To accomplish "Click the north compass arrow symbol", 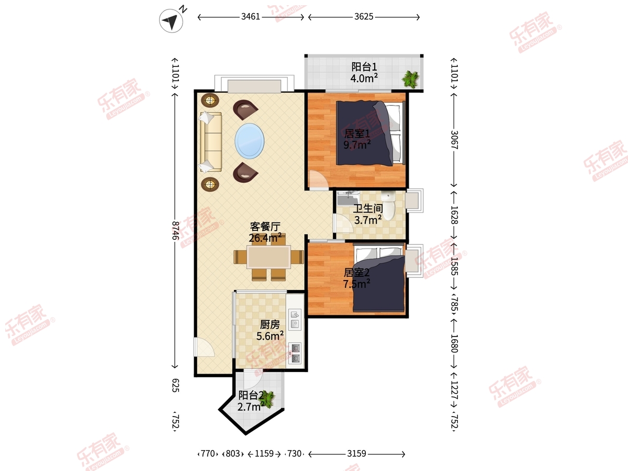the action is click(x=171, y=20).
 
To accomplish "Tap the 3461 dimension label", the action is click(x=250, y=17).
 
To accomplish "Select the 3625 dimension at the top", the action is click(x=364, y=17).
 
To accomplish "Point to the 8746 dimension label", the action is click(x=175, y=230).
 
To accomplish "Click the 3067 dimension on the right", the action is click(x=454, y=140).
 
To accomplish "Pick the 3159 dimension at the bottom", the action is click(x=356, y=454).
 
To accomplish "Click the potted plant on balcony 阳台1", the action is click(x=411, y=79).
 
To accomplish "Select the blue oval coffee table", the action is click(x=250, y=141).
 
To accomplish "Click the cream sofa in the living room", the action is click(x=211, y=142).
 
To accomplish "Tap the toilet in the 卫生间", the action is click(x=388, y=206).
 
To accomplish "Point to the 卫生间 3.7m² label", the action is click(x=368, y=214).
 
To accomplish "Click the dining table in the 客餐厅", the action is click(x=268, y=257).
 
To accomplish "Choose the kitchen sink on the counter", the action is click(x=295, y=320).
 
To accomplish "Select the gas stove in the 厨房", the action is click(x=295, y=353).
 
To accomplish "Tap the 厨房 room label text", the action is click(x=270, y=324).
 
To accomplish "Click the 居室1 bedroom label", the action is click(x=357, y=133).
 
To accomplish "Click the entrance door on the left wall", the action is click(x=204, y=347).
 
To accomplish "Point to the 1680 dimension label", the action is click(x=454, y=343).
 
